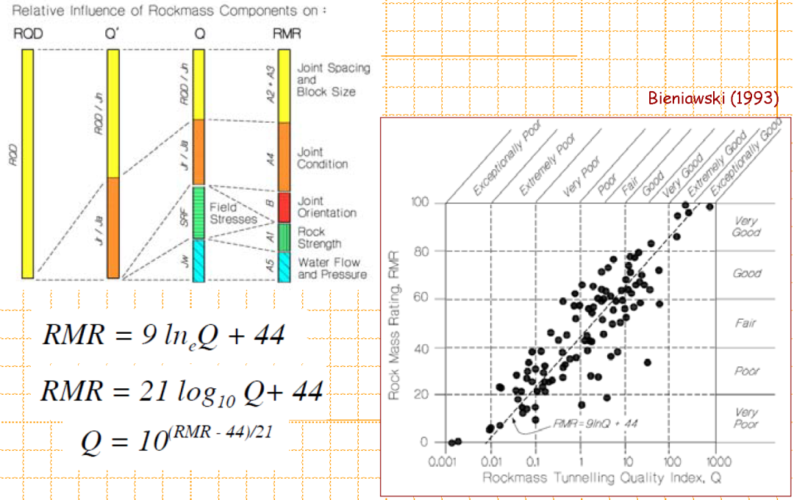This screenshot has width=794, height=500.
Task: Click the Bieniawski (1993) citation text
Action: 712,99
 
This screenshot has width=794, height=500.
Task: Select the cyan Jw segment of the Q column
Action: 198,260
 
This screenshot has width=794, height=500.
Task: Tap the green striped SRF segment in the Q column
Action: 198,212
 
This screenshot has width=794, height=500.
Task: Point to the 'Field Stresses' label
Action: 232,213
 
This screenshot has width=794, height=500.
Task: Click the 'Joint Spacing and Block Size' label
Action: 332,79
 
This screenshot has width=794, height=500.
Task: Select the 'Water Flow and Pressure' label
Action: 332,268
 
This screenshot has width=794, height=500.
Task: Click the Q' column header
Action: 112,34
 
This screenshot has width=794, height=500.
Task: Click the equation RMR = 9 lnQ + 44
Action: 163,336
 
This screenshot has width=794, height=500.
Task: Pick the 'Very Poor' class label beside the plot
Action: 745,418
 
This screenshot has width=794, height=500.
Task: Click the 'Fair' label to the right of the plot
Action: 745,323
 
